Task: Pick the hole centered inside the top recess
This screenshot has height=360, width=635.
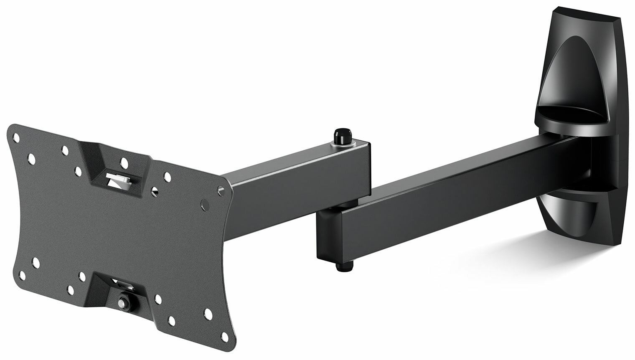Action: point(124,162)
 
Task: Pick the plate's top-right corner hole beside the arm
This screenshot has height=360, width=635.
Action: point(220,190)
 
